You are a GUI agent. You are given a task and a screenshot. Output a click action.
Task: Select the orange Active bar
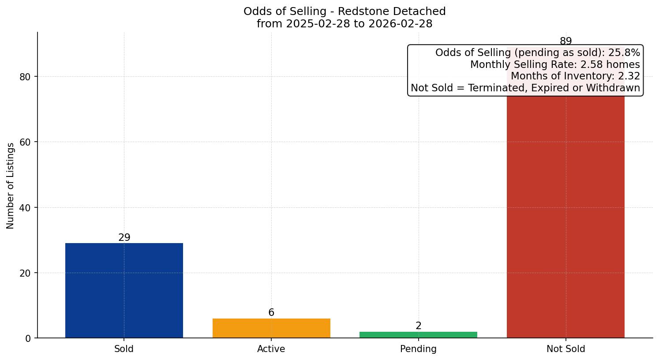271,328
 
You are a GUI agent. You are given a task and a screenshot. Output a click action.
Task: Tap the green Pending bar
418,335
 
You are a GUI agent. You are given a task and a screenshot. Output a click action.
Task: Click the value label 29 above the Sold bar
124,237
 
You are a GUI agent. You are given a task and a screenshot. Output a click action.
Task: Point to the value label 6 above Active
271,312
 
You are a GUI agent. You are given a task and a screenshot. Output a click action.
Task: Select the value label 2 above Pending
418,326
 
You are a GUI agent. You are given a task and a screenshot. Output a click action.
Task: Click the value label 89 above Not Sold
565,41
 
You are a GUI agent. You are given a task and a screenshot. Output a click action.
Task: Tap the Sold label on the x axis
124,349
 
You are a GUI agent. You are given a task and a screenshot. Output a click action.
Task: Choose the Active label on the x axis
271,349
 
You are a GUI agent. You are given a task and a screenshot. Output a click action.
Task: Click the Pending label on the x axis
418,349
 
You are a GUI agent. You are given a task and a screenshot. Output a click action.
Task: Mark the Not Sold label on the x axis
565,349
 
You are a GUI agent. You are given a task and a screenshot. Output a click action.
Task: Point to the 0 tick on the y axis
28,338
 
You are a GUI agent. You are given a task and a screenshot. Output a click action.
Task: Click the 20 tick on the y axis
26,273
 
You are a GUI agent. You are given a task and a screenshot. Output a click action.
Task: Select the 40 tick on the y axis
26,208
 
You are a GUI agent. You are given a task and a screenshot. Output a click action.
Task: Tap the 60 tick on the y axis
26,142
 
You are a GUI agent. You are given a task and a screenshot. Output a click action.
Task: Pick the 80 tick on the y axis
26,77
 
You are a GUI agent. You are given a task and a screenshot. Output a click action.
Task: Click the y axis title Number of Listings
11,186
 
